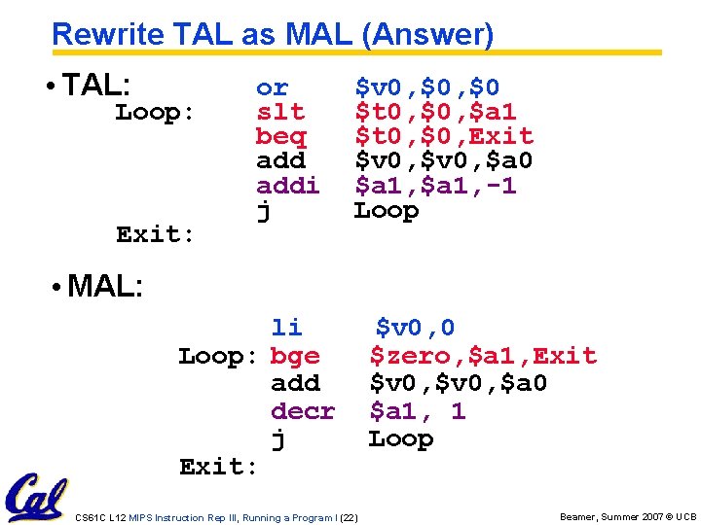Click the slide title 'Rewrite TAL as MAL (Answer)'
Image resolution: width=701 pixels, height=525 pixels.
click(x=273, y=35)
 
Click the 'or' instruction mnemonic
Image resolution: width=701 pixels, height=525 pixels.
click(x=272, y=87)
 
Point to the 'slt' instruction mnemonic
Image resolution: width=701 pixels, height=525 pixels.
click(x=279, y=112)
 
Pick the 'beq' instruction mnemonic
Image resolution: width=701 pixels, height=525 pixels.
click(x=280, y=136)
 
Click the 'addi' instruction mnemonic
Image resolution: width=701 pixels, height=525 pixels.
click(x=287, y=185)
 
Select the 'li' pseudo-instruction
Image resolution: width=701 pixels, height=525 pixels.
click(x=286, y=328)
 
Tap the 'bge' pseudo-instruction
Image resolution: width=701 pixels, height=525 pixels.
click(x=295, y=356)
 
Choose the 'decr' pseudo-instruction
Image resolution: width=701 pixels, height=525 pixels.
click(x=303, y=411)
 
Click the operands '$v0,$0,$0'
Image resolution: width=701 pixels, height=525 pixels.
click(x=426, y=87)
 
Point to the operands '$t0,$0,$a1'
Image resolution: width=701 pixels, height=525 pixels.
click(x=434, y=112)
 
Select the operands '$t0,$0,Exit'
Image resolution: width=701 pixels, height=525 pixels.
click(x=443, y=136)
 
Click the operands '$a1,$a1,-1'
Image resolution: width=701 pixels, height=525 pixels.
click(x=434, y=185)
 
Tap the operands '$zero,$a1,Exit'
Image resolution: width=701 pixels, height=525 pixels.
click(x=482, y=356)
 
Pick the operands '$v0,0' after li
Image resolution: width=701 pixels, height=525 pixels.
click(x=415, y=328)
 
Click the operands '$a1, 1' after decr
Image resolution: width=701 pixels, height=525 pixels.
click(x=417, y=411)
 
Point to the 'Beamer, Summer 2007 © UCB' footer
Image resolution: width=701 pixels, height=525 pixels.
click(x=628, y=517)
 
